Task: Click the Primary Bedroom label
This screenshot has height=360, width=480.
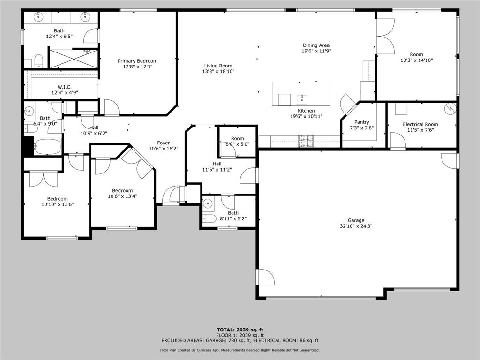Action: pyautogui.click(x=137, y=61)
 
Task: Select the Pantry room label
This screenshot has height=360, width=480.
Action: pyautogui.click(x=361, y=122)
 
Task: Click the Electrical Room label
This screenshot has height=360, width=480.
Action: pyautogui.click(x=420, y=124)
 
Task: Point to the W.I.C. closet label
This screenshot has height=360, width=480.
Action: pyautogui.click(x=64, y=87)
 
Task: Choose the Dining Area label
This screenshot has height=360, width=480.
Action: pyautogui.click(x=316, y=45)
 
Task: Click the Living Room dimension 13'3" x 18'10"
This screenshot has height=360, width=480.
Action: pyautogui.click(x=218, y=72)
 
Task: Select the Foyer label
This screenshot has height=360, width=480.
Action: pyautogui.click(x=163, y=143)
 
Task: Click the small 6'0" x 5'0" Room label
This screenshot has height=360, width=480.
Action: pyautogui.click(x=238, y=138)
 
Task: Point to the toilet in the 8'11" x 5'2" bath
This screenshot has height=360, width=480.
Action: pyautogui.click(x=211, y=218)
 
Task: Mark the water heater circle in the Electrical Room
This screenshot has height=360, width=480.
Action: pyautogui.click(x=450, y=108)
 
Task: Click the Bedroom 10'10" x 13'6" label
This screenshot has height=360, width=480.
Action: pyautogui.click(x=58, y=199)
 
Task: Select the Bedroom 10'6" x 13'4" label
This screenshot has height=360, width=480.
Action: pyautogui.click(x=122, y=190)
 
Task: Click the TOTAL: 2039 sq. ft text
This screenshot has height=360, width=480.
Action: pyautogui.click(x=240, y=330)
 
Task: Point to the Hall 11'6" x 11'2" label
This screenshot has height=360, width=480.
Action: pyautogui.click(x=217, y=164)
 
